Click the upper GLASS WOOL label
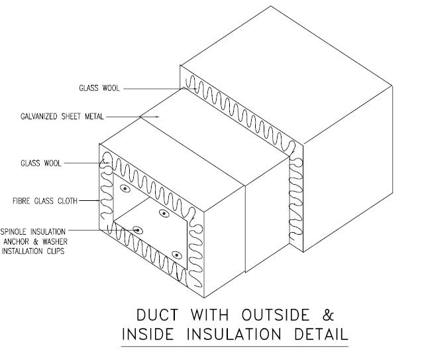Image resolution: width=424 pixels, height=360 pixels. (x=99, y=88)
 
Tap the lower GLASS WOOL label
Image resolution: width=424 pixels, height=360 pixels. (x=42, y=162)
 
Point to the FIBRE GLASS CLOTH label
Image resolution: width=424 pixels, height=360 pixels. (x=39, y=200)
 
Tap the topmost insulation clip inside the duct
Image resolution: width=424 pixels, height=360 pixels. (x=124, y=189)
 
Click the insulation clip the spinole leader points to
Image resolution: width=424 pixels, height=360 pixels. (x=137, y=231)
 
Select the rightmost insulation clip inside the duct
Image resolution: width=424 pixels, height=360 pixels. (x=177, y=255)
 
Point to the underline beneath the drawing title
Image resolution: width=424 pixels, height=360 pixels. (x=235, y=346)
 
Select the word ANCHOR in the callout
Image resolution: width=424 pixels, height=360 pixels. (x=15, y=241)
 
